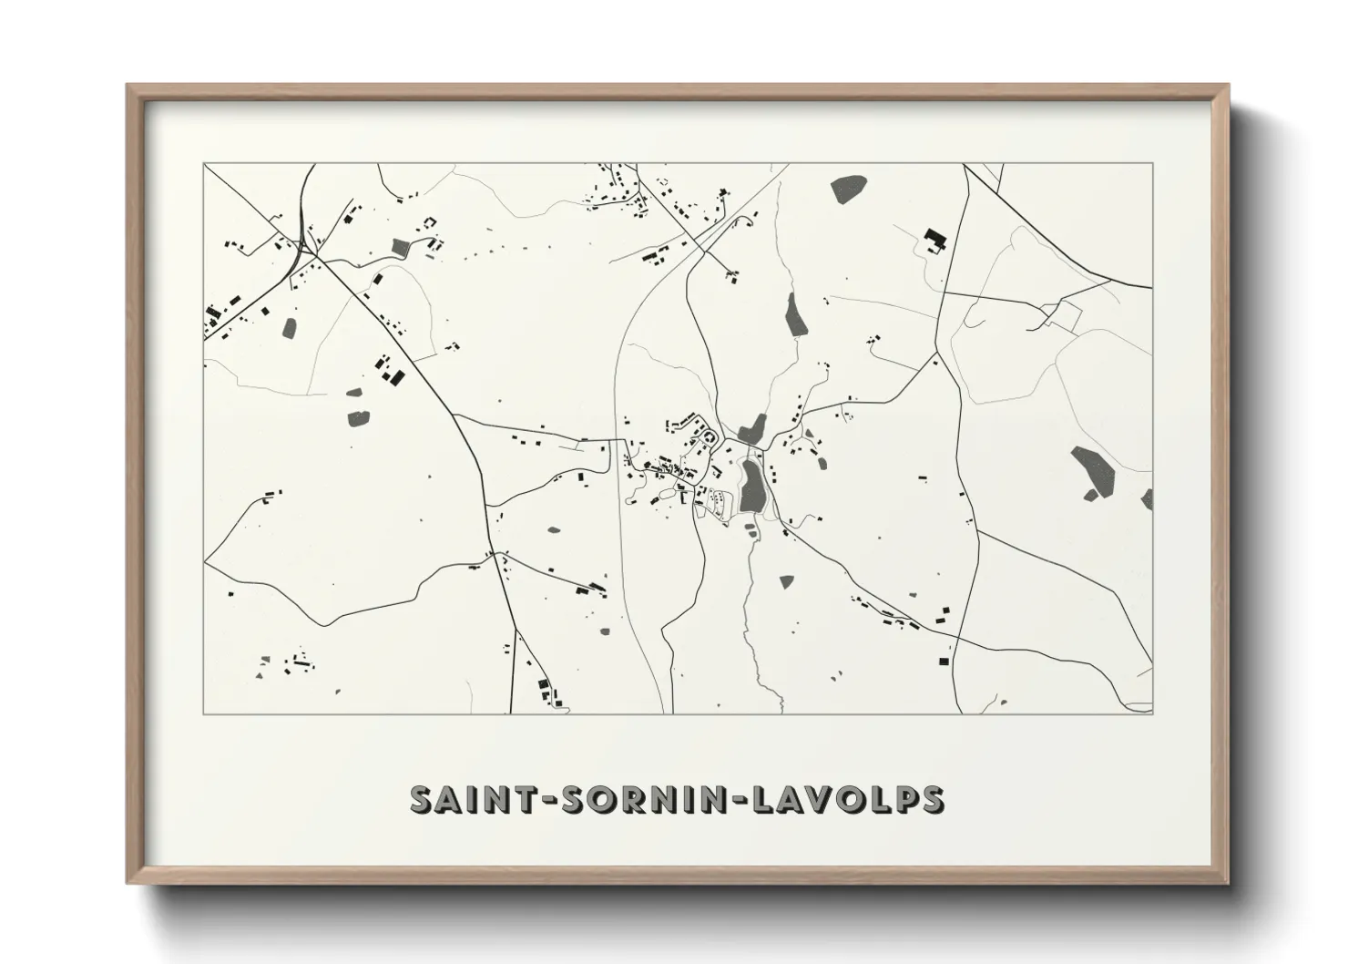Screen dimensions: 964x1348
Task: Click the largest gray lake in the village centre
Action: click(751, 485)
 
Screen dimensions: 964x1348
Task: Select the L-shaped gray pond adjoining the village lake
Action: click(751, 428)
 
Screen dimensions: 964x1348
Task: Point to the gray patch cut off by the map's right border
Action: click(1146, 498)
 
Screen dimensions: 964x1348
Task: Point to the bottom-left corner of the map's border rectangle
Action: click(204, 713)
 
